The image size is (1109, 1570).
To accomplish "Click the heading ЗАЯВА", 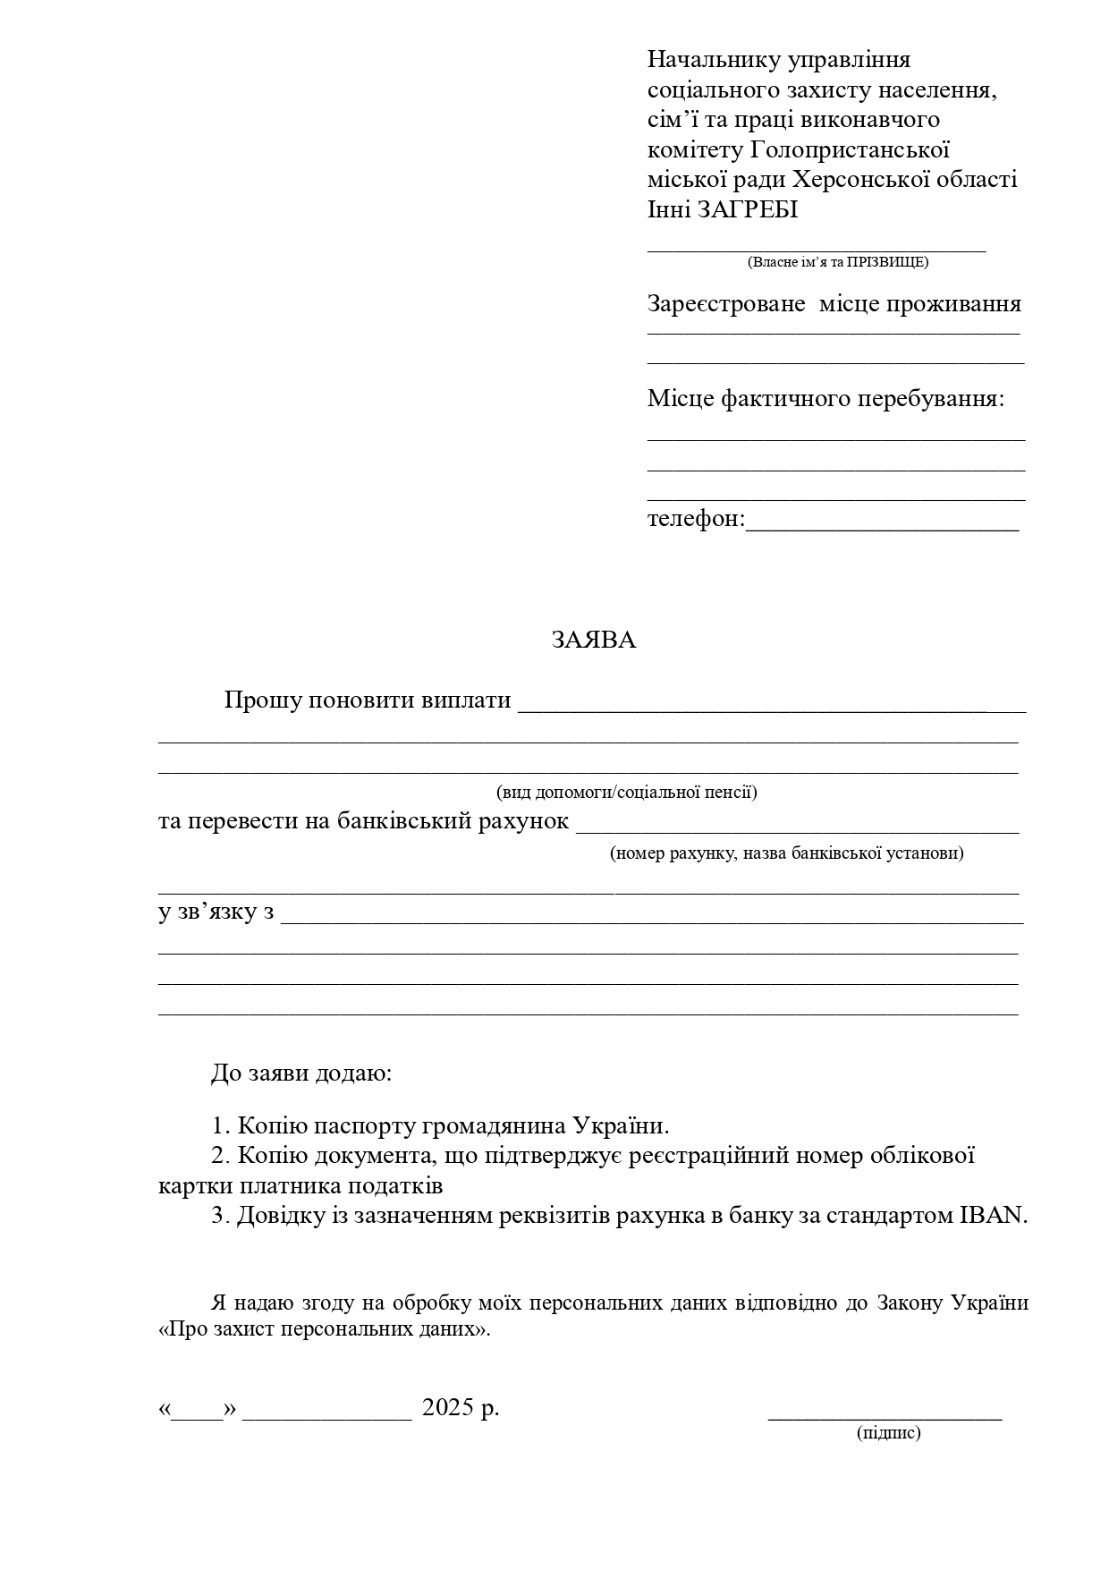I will pyautogui.click(x=593, y=641).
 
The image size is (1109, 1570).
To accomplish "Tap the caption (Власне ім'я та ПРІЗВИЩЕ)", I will pyautogui.click(x=837, y=262).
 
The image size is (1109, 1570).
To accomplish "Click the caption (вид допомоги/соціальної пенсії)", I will pyautogui.click(x=627, y=792).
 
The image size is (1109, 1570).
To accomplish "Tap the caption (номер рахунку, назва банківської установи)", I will pyautogui.click(x=787, y=853).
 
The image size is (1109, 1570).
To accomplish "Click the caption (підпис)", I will pyautogui.click(x=888, y=1433).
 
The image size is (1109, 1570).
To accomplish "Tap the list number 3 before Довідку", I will pyautogui.click(x=219, y=1216).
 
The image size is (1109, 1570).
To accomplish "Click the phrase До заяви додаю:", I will pyautogui.click(x=301, y=1073).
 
